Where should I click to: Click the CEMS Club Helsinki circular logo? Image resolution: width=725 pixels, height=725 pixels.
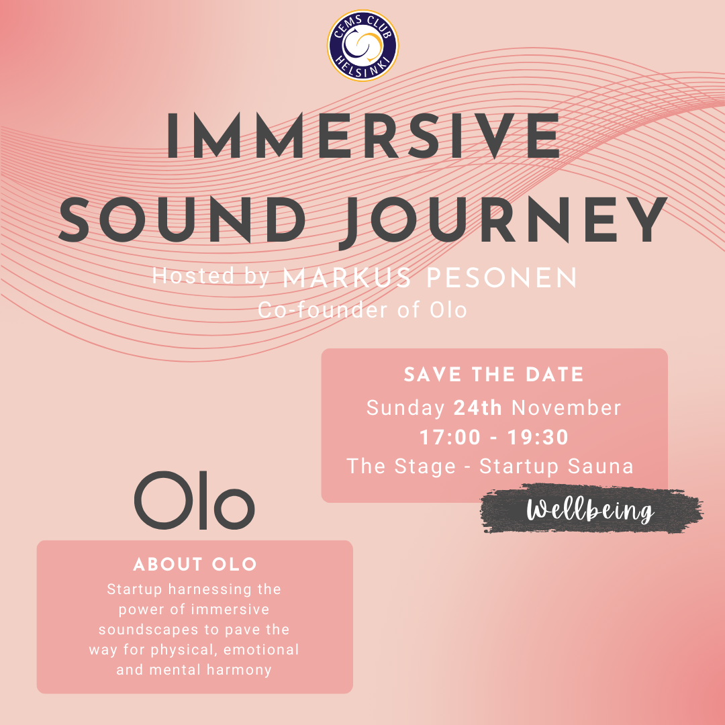362,46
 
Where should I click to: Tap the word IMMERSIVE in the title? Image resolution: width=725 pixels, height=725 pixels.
363,136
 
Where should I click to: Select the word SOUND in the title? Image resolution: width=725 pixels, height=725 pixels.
182,220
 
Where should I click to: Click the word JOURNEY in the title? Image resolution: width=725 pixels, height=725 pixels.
503,221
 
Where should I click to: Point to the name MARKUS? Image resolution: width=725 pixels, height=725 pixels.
346,279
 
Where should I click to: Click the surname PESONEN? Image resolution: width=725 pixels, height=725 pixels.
501,279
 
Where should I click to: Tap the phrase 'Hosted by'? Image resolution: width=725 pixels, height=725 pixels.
211,276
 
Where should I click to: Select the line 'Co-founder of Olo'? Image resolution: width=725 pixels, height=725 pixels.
362,309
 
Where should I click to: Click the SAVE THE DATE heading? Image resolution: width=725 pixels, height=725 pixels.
494,375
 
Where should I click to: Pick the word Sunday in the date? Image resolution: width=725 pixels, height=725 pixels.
405,409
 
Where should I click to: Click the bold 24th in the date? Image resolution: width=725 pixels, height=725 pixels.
478,408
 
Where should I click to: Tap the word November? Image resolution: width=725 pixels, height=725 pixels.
567,408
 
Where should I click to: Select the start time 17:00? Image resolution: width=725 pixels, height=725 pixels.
450,438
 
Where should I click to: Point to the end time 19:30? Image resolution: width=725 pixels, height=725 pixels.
538,438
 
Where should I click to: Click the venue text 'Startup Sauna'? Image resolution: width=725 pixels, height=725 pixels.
557,466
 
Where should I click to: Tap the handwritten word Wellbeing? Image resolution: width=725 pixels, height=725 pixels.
591,510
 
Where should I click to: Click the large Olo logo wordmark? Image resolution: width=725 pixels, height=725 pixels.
194,500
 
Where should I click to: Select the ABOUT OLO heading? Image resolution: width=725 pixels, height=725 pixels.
195,565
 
